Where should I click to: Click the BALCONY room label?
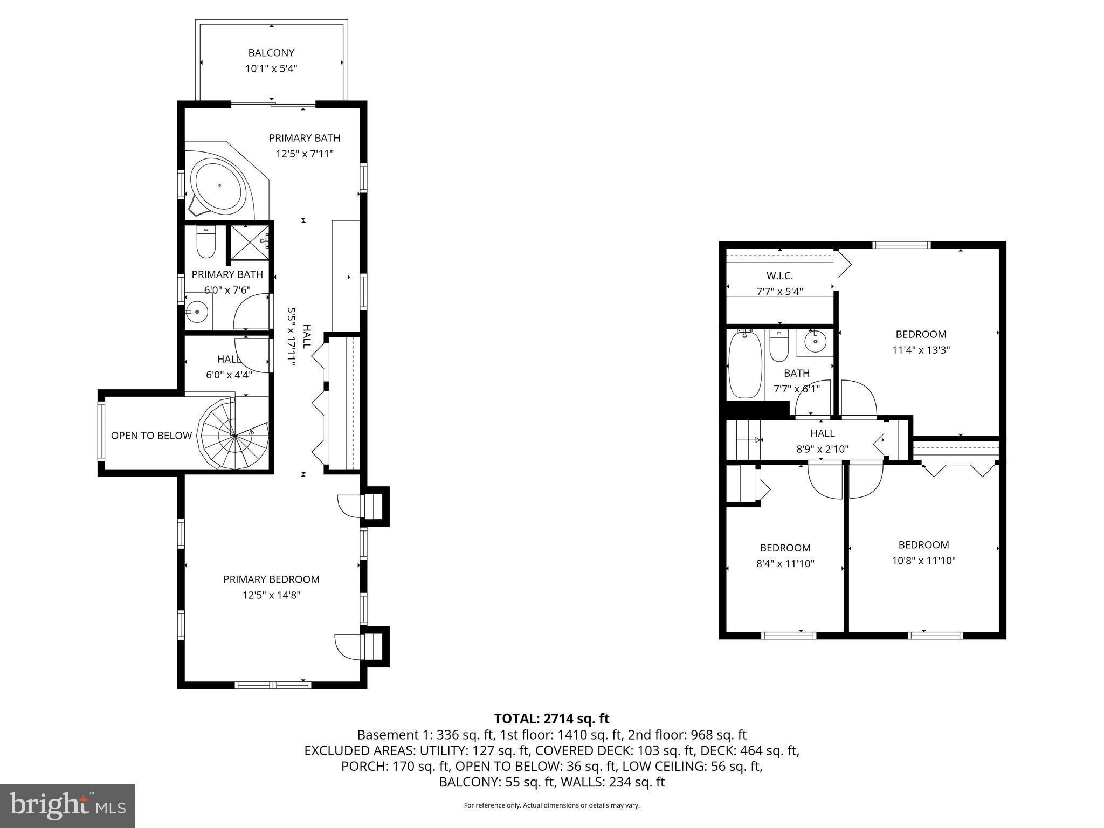point(271,53)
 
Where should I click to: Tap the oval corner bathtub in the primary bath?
point(219,185)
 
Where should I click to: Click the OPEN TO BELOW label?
point(151,436)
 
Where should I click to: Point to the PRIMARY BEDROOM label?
point(271,579)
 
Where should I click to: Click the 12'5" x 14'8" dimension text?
point(271,595)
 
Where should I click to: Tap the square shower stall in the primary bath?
point(249,242)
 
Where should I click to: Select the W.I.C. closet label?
point(779,276)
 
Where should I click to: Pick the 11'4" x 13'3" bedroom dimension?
point(921,350)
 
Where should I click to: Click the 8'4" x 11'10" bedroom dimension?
point(785,564)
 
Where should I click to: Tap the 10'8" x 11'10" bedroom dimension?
point(923,561)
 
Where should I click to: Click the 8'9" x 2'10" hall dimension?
point(822,448)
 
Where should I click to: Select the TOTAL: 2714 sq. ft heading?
point(551,719)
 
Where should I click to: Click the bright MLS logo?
point(67,806)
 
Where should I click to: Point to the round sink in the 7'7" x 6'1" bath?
point(815,341)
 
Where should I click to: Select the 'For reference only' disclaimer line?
point(551,805)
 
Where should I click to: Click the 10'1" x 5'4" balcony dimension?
point(271,68)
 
